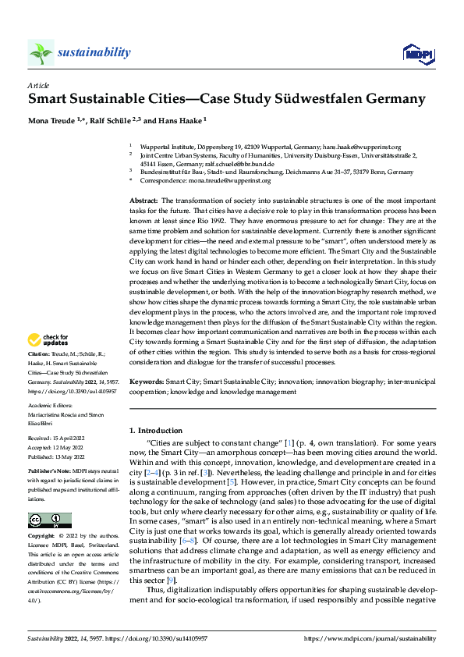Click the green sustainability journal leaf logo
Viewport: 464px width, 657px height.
(41, 52)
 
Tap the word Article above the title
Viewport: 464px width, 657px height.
(37, 85)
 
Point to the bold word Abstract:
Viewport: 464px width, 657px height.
(143, 201)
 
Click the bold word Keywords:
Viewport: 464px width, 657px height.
(146, 382)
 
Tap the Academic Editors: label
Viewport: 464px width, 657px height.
(50, 405)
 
